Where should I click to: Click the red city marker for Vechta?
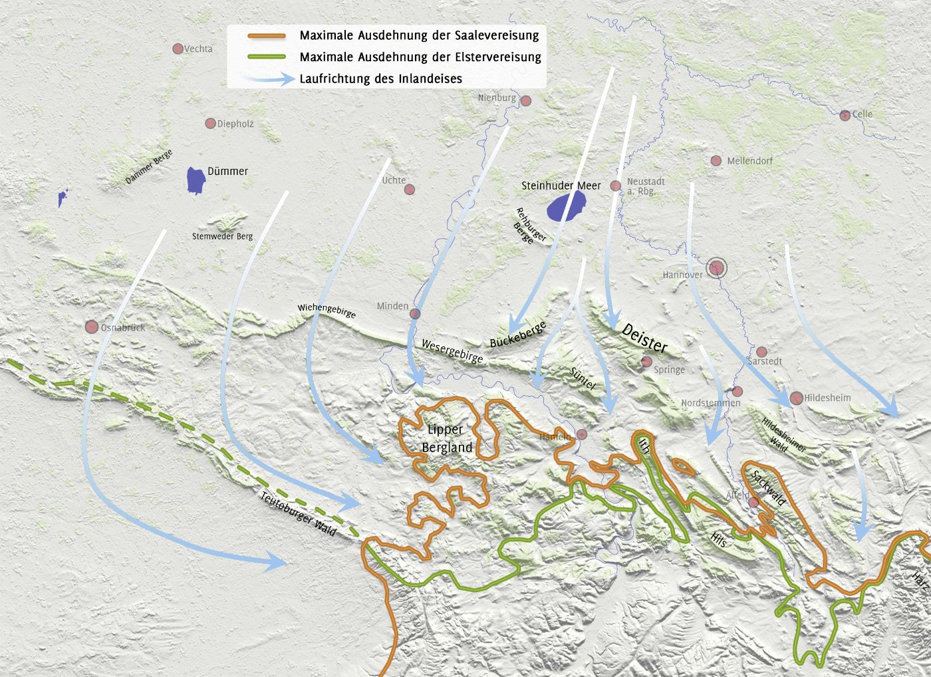178,49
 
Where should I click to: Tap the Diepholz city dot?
210,123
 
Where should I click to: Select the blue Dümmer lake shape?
196,180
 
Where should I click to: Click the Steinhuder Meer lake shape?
566,206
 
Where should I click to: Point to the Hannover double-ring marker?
717,268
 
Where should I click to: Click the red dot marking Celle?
845,115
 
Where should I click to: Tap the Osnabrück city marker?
92,327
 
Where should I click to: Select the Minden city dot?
416,313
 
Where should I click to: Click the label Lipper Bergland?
446,438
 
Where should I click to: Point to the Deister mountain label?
644,338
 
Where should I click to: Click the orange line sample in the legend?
266,36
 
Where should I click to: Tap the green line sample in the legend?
266,57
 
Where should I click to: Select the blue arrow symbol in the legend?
269,79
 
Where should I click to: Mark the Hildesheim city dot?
796,398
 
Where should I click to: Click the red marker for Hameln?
582,434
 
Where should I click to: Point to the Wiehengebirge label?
327,311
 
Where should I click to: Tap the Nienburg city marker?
525,101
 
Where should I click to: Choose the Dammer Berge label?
149,167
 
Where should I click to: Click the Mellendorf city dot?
716,161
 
